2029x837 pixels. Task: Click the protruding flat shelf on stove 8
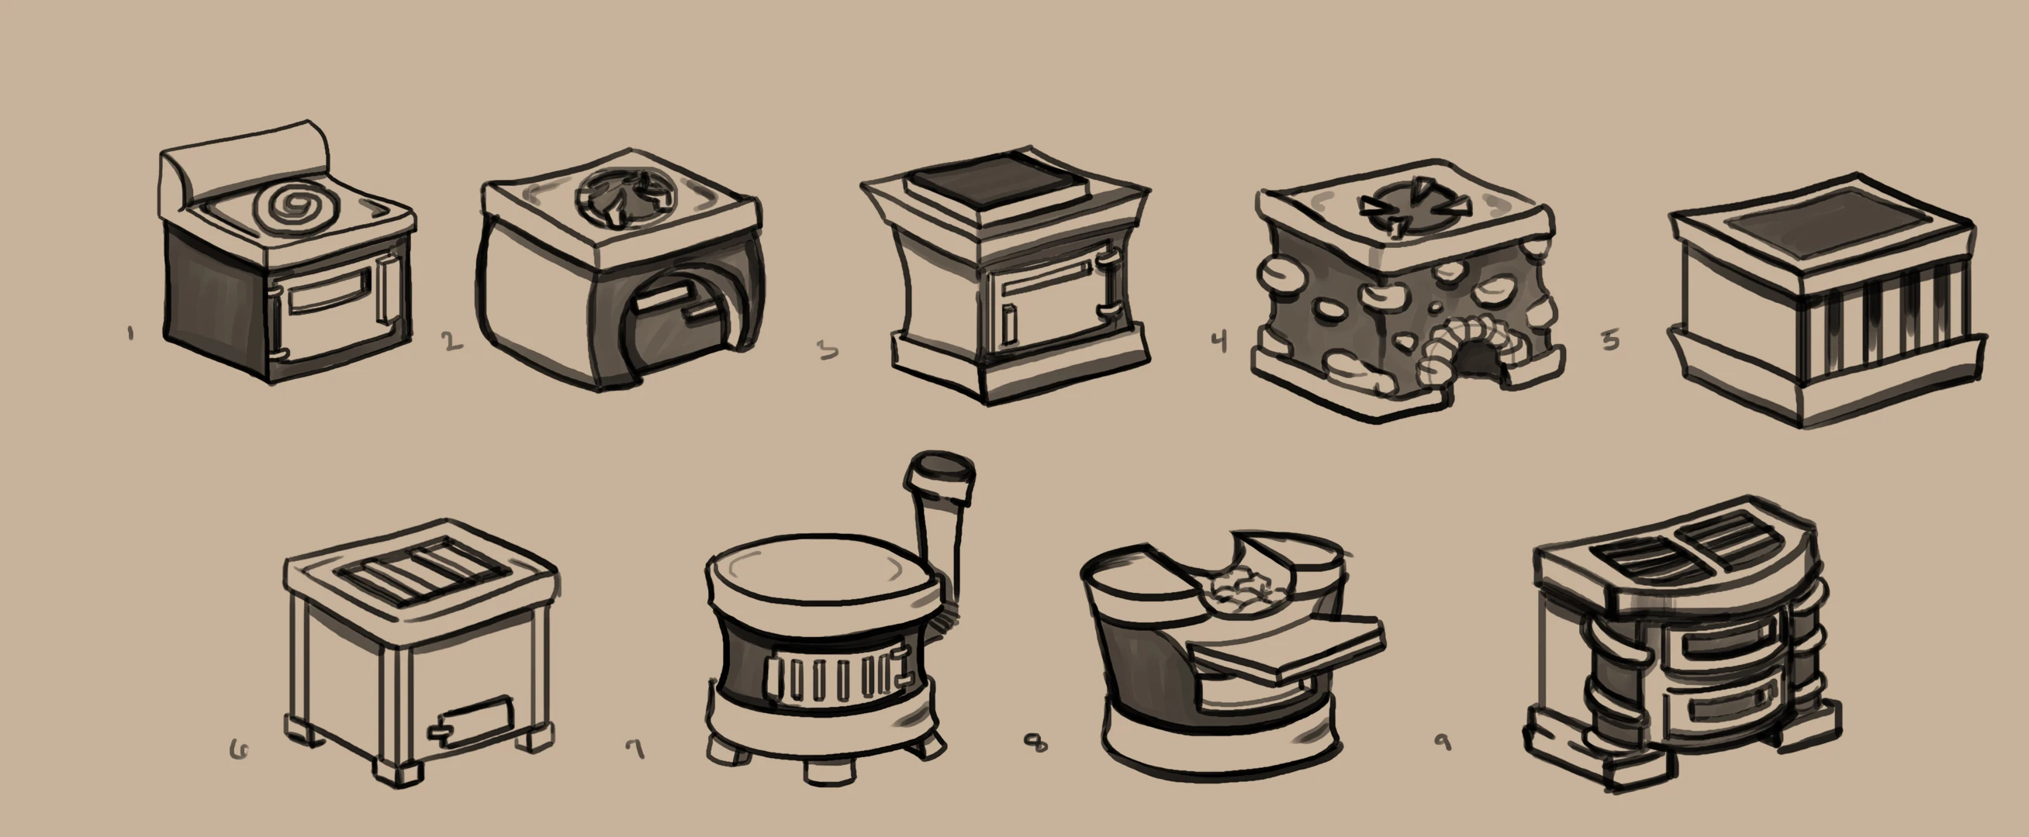pyautogui.click(x=1284, y=649)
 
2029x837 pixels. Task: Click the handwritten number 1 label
pyautogui.click(x=130, y=334)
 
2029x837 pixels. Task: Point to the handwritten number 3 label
pyautogui.click(x=827, y=350)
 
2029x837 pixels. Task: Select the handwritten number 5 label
pyautogui.click(x=1611, y=339)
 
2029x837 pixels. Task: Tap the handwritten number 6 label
pyautogui.click(x=240, y=750)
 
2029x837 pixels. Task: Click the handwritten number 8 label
pyautogui.click(x=1036, y=742)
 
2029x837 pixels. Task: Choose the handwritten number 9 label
pyautogui.click(x=1443, y=742)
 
